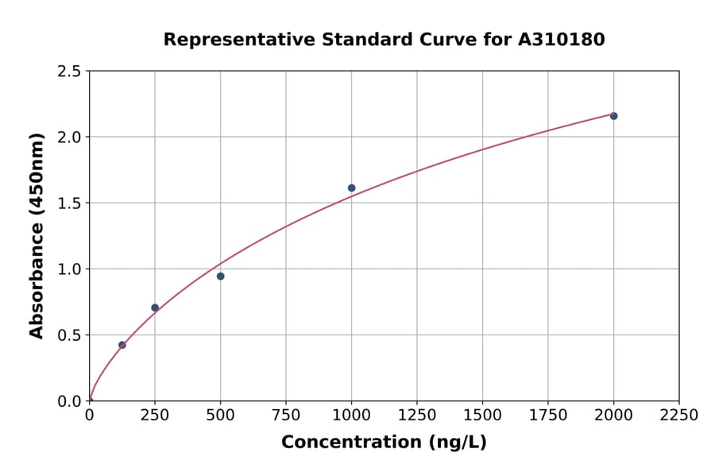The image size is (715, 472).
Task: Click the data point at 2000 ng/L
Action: click(x=613, y=116)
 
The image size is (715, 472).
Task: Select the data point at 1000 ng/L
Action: click(x=351, y=188)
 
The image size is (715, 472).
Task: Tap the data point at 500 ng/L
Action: click(x=220, y=277)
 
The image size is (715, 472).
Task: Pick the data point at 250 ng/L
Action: click(x=155, y=308)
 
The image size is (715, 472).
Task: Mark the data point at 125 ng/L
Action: click(x=122, y=345)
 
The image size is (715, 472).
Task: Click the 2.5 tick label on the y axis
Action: click(x=70, y=72)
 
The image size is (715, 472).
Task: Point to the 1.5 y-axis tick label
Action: click(x=70, y=203)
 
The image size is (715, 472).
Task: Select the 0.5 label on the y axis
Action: click(x=70, y=335)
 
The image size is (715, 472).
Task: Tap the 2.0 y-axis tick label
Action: click(x=70, y=137)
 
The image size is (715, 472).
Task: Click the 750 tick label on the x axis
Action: click(x=286, y=416)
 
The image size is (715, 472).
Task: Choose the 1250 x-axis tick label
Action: click(x=417, y=416)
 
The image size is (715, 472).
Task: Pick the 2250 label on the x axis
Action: click(x=679, y=416)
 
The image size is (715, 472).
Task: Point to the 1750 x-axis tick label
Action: click(x=548, y=416)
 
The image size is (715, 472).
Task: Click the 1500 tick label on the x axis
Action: click(x=482, y=416)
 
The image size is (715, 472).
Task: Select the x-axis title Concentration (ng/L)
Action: click(x=384, y=443)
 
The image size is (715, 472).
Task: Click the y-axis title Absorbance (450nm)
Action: click(x=37, y=235)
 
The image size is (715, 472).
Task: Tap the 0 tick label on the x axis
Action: click(x=89, y=416)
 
